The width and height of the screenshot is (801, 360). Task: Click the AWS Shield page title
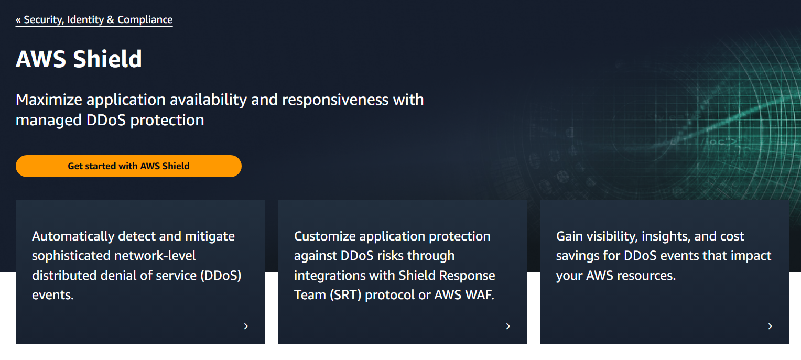pos(79,59)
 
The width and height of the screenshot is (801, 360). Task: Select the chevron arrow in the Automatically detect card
pos(246,326)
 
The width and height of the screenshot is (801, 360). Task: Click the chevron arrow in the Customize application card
pos(508,326)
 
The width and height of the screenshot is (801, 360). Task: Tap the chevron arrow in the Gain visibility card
pos(770,326)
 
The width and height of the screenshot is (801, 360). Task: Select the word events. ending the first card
pos(53,295)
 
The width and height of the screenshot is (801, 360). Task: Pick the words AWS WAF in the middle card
pos(464,295)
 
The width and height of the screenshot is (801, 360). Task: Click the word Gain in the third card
pos(569,236)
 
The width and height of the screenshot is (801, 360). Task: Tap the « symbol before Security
pos(19,20)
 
